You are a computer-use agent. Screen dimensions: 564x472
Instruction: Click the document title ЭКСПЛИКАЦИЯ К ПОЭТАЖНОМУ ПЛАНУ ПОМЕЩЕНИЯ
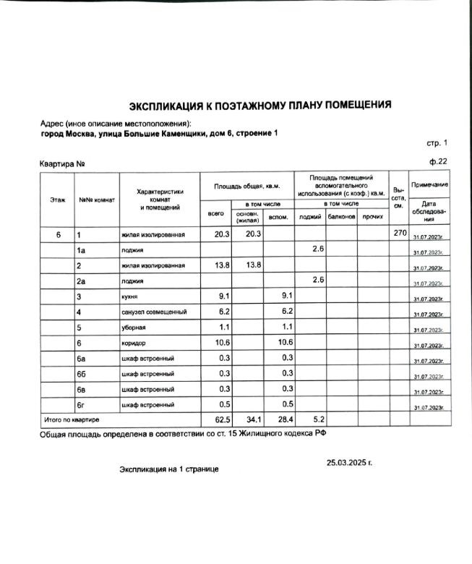(x=260, y=105)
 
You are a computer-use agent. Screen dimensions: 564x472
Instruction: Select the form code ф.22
(x=438, y=161)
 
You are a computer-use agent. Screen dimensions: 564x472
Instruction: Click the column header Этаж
(x=57, y=199)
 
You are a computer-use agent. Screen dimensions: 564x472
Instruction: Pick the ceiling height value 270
(x=400, y=234)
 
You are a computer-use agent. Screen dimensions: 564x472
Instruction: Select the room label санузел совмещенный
(x=154, y=312)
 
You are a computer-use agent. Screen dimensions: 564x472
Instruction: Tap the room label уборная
(x=134, y=328)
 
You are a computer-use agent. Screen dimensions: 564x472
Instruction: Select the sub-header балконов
(x=342, y=216)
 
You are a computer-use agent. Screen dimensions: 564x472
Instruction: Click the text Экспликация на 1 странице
(x=168, y=469)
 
